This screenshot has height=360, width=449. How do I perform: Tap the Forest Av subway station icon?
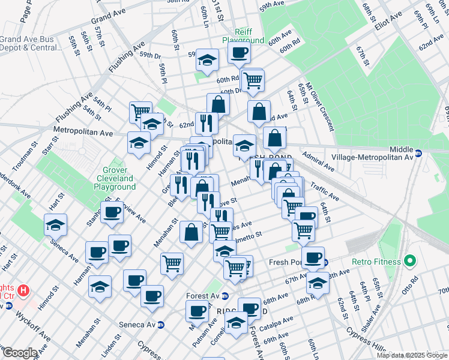225,296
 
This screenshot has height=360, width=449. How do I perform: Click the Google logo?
20,353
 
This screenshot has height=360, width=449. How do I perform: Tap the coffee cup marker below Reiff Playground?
239,53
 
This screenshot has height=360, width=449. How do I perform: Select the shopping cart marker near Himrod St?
140,112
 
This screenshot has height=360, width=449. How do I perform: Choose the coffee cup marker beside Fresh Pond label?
312,258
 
